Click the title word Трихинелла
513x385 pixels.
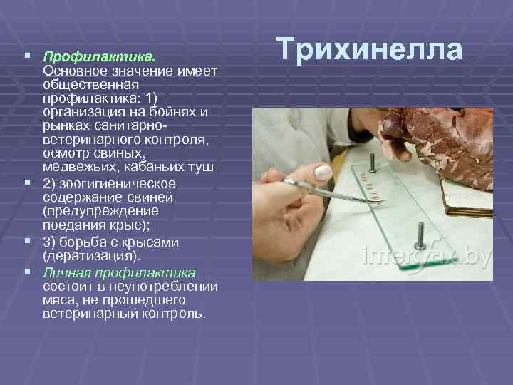pos(370,50)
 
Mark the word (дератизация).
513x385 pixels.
pos(92,255)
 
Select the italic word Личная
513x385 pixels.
pos(65,272)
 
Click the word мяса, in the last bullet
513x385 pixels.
pos(61,299)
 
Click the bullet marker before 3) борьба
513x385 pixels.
pos(26,242)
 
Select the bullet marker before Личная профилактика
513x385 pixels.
pos(26,272)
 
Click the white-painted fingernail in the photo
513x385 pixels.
pos(322,171)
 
